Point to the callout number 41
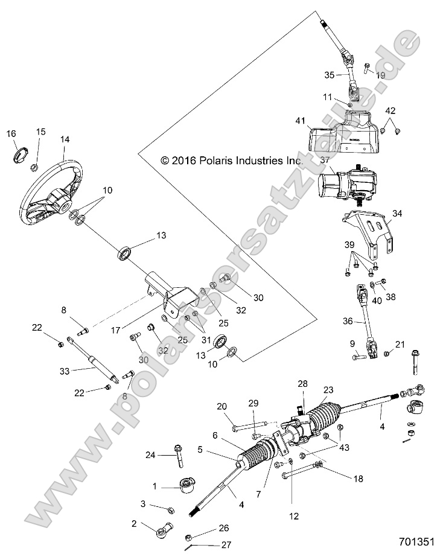(301, 121)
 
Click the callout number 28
(302, 383)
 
